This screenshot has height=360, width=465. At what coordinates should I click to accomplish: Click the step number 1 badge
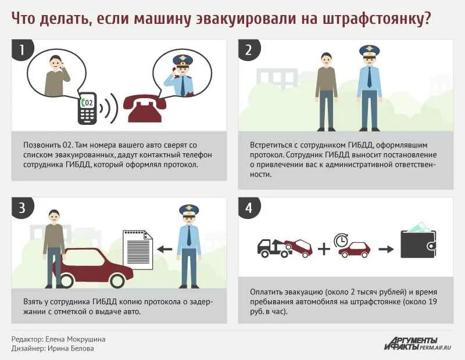[22, 50]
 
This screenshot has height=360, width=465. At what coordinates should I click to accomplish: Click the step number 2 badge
[248, 50]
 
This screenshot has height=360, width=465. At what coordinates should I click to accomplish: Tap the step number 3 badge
[22, 208]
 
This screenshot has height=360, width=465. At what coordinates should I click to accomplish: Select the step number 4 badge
[248, 208]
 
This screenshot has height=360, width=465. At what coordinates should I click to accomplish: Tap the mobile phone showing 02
[87, 108]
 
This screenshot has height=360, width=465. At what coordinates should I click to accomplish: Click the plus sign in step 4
[324, 249]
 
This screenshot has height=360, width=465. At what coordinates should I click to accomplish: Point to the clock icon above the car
[341, 240]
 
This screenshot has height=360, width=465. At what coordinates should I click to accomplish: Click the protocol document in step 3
[137, 250]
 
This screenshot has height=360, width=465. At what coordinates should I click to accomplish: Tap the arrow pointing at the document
[165, 250]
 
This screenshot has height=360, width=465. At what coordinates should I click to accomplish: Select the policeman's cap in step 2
[369, 51]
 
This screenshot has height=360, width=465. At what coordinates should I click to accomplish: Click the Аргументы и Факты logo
[417, 343]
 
